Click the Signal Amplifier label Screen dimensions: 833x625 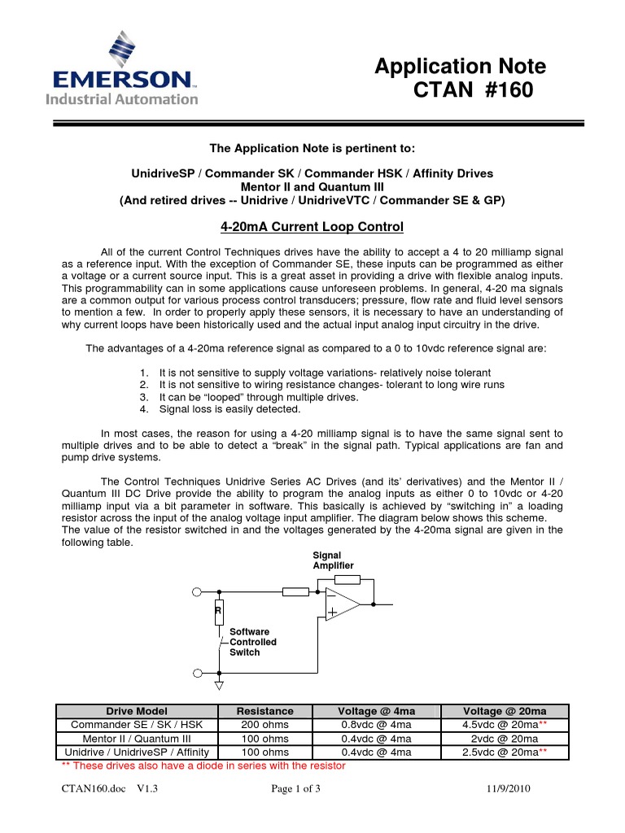pyautogui.click(x=334, y=560)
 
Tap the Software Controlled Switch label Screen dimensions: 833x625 pyautogui.click(x=253, y=642)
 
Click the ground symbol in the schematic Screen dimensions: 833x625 pyautogui.click(x=218, y=686)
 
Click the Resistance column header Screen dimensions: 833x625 pyautogui.click(x=264, y=711)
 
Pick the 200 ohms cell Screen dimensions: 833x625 pyautogui.click(x=264, y=725)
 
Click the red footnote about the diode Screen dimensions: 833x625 pyautogui.click(x=204, y=765)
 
